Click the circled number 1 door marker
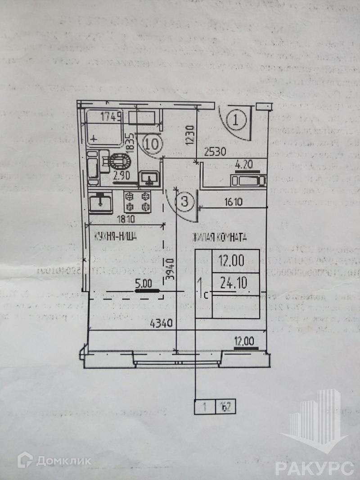pos(235,120)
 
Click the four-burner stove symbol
pos(138,201)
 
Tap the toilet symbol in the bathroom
pos(119,161)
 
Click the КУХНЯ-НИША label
pos(115,237)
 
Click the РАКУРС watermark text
pos(314,468)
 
